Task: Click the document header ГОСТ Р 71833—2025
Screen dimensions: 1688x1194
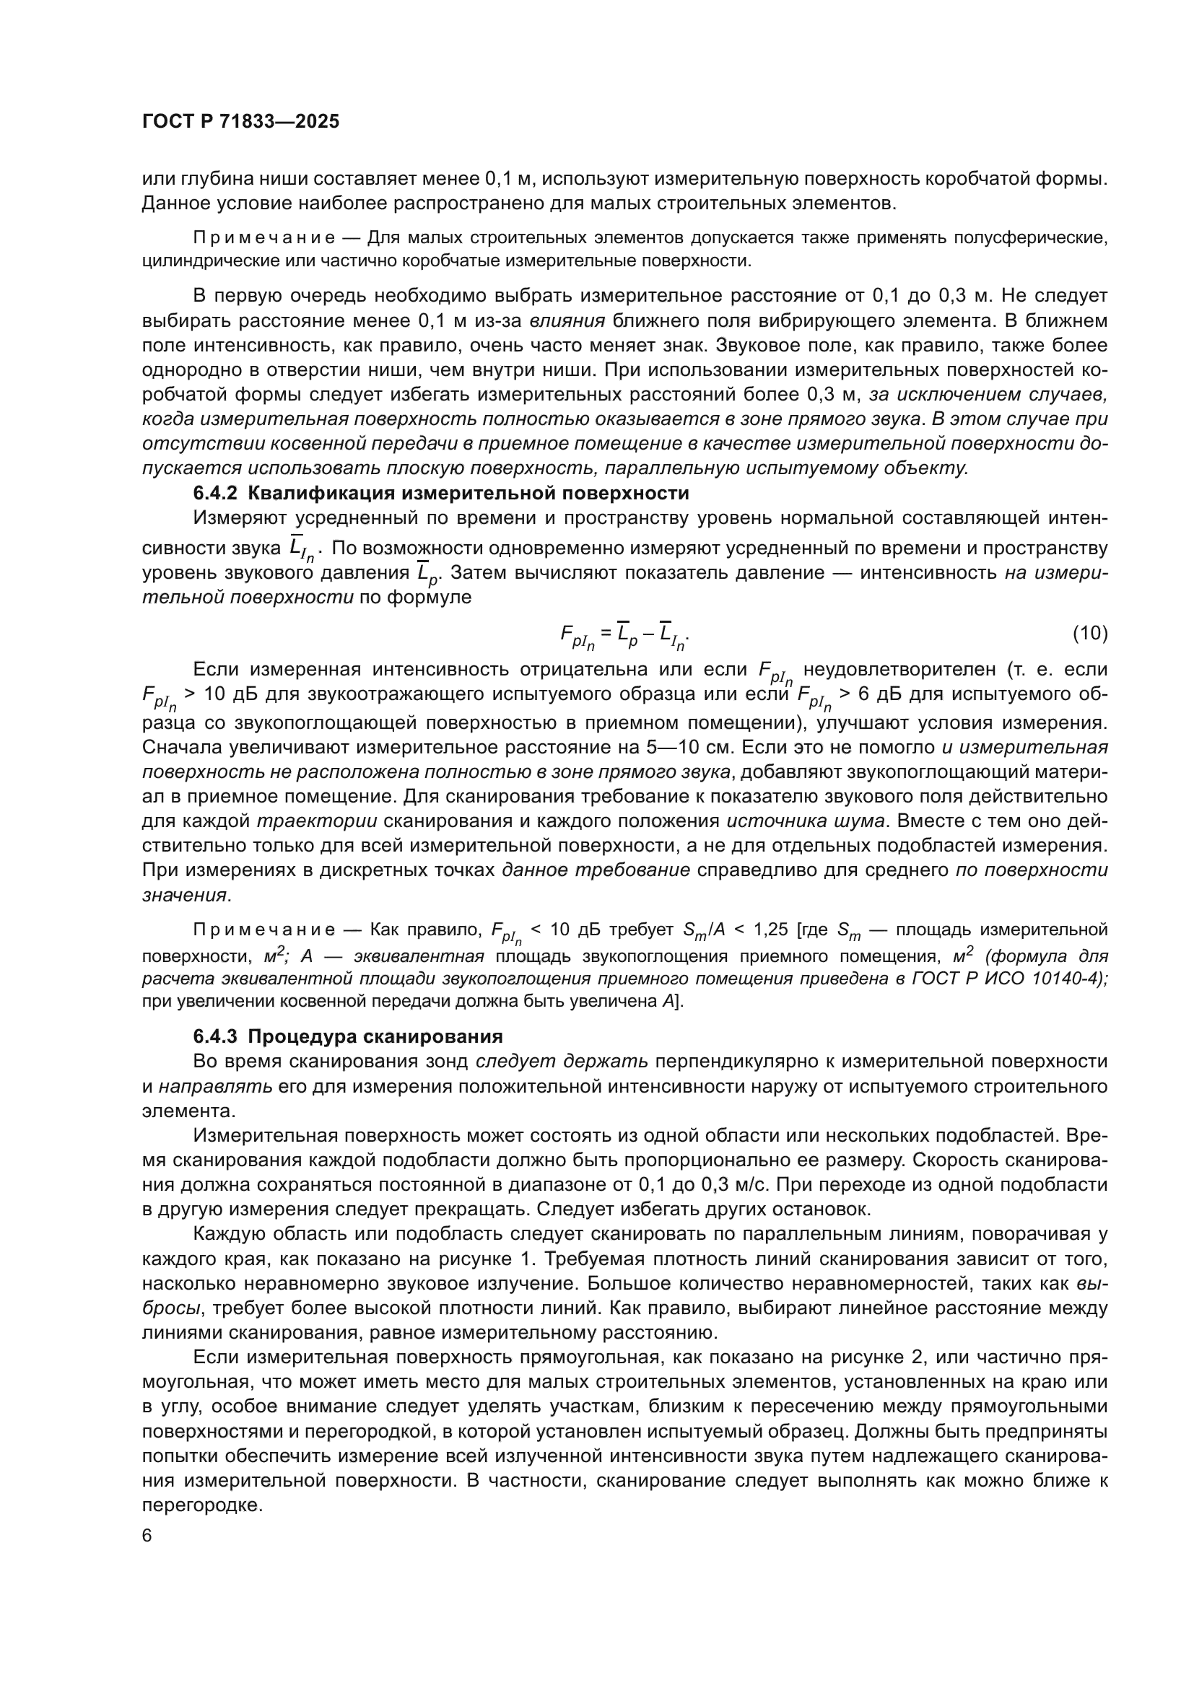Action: point(240,121)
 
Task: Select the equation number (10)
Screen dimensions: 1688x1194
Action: point(1089,633)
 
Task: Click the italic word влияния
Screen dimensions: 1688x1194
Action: point(567,320)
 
